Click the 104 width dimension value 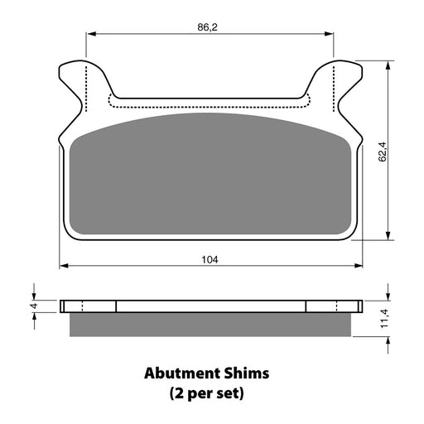pyautogui.click(x=210, y=259)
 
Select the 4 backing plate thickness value pyautogui.click(x=34, y=306)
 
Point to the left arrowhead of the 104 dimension pyautogui.click(x=63, y=267)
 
